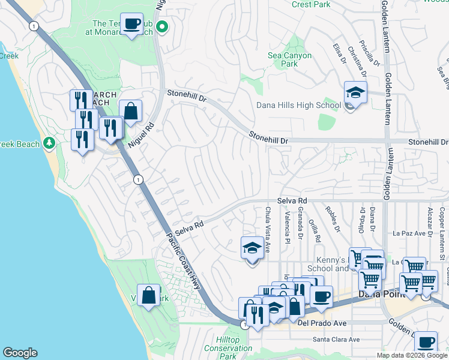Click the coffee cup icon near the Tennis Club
coord(131,24)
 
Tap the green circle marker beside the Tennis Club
coord(161,26)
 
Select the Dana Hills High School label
coord(299,105)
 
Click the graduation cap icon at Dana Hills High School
coord(355,93)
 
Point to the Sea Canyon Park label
coord(290,59)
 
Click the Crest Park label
coord(311,4)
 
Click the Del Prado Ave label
coord(322,323)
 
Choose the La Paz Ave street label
coord(409,233)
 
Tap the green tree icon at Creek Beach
coord(50,144)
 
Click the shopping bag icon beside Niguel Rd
coord(130,110)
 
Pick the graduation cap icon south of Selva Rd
coord(252,247)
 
